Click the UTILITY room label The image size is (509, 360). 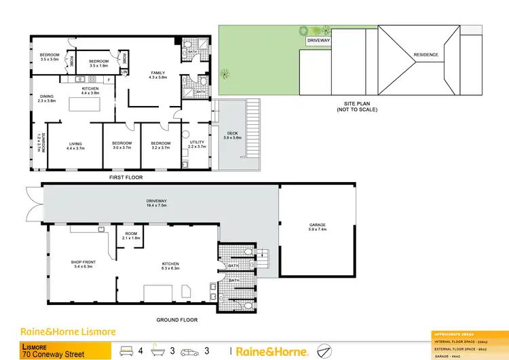(196, 144)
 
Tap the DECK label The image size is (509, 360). (232, 135)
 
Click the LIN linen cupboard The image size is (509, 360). (124, 71)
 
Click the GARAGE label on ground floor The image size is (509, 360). (317, 228)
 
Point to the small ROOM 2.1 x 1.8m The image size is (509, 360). (131, 236)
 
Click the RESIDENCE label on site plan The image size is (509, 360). (426, 55)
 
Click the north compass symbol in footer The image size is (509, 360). (324, 351)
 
